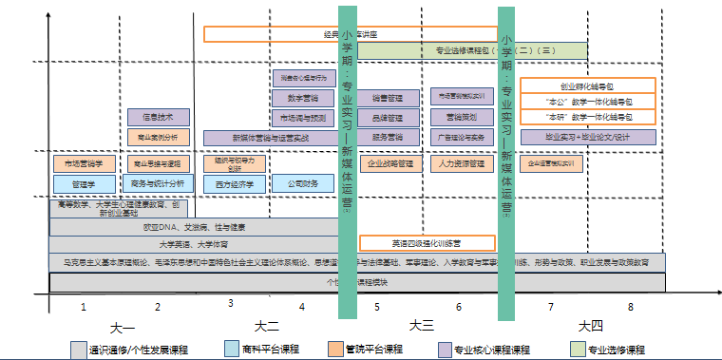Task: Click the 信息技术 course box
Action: tap(158, 118)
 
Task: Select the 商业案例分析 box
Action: tap(158, 137)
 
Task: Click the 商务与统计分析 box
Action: tap(158, 183)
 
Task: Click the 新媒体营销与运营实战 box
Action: tap(270, 138)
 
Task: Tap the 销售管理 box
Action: tap(388, 97)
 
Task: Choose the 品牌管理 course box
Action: tap(388, 118)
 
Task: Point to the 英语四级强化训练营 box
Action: tap(440, 242)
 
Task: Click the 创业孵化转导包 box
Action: tap(588, 85)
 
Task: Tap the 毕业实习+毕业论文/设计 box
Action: tap(588, 138)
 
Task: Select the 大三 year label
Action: tap(422, 326)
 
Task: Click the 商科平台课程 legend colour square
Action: tap(233, 349)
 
